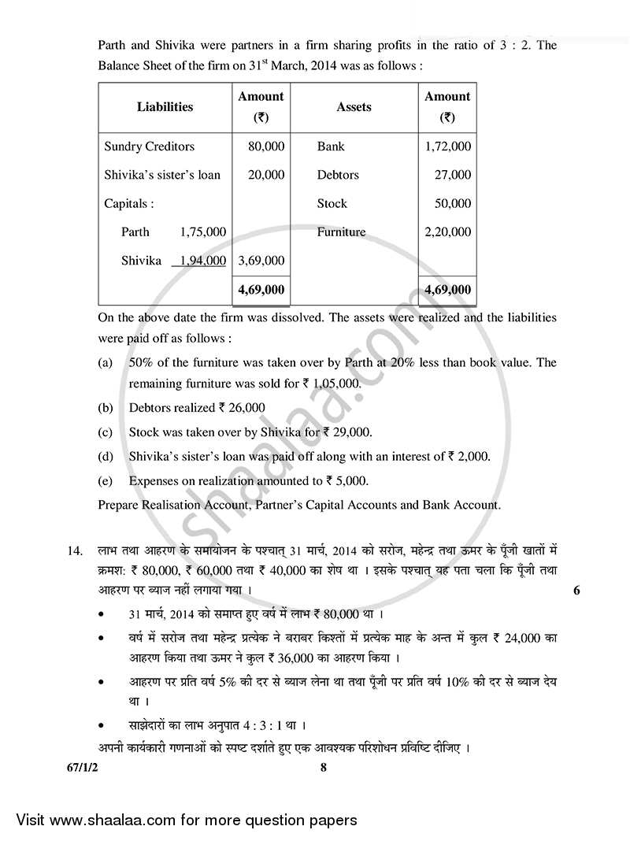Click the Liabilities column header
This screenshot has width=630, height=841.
tap(165, 107)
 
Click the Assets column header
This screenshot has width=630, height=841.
tap(354, 107)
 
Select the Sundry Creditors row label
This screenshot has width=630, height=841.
tap(149, 146)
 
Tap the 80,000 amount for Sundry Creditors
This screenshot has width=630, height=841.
tap(266, 146)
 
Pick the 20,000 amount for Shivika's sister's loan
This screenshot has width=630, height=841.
tap(266, 175)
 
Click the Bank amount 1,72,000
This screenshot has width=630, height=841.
tap(447, 146)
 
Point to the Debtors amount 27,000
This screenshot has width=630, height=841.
tap(453, 175)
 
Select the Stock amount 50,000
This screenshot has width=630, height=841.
tap(453, 203)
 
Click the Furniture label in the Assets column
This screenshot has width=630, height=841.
tap(341, 232)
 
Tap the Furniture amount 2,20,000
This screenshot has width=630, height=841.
tap(447, 232)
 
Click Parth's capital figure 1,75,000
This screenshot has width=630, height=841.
tap(203, 232)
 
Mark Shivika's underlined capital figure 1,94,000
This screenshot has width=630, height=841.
tap(203, 260)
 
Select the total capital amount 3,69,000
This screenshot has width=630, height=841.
tap(261, 260)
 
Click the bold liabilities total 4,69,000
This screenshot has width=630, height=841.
tap(261, 290)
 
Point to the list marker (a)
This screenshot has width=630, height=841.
tap(105, 362)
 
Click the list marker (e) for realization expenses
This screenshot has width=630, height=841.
tap(105, 480)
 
